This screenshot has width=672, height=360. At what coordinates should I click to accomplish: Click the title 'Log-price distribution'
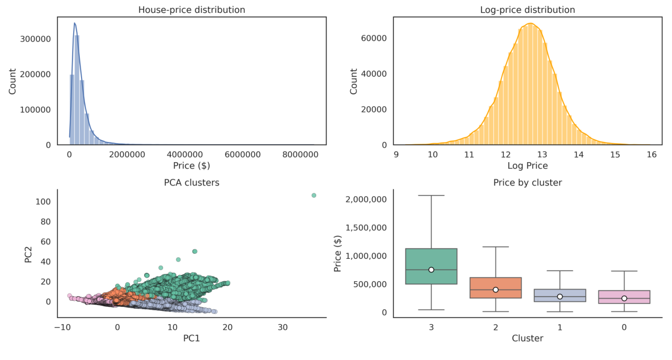(527, 10)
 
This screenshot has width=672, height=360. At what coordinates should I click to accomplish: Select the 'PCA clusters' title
(191, 183)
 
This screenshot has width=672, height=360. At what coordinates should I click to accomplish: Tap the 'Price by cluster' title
(527, 183)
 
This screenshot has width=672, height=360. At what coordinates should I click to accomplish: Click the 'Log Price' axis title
(527, 165)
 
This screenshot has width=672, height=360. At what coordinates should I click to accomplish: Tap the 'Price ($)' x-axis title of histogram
(191, 165)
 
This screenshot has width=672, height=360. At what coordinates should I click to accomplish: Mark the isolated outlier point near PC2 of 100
(314, 195)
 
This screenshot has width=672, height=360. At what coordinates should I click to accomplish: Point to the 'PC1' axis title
(191, 338)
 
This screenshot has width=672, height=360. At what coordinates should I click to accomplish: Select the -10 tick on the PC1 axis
(62, 327)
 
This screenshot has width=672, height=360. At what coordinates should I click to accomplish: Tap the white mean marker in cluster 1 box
(560, 296)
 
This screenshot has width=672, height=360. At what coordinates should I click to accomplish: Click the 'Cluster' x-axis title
(527, 338)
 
